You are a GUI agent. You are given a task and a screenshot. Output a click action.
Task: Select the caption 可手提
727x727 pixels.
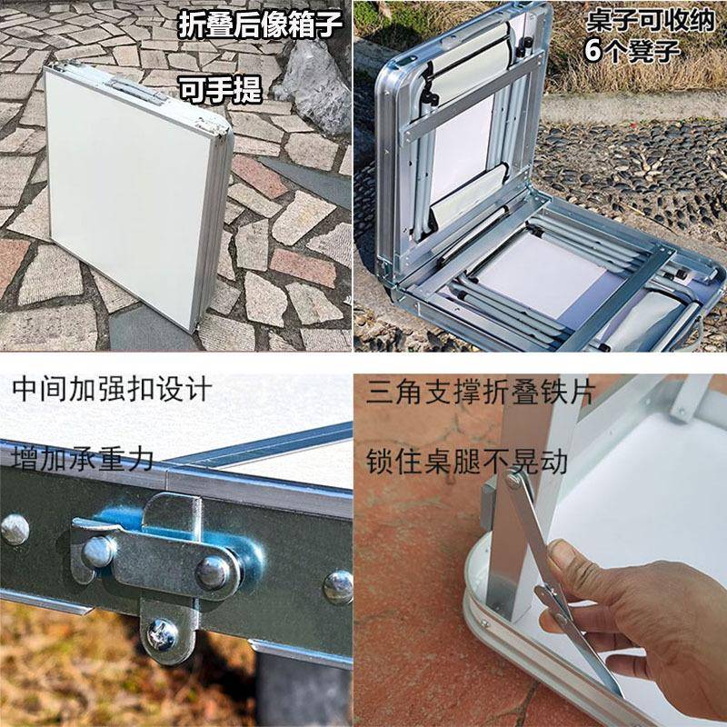(219, 88)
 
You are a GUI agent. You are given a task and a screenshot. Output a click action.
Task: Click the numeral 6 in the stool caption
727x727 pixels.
(593, 50)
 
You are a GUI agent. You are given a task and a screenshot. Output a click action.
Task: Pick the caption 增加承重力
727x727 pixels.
(84, 457)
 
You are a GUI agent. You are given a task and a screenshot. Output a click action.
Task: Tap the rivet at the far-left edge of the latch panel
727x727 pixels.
(14, 529)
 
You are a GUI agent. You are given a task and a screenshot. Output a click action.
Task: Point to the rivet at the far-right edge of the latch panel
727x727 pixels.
(338, 586)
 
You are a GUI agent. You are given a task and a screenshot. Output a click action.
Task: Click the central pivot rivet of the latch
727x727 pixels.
(214, 571)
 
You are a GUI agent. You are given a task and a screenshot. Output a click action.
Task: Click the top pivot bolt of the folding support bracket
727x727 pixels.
(515, 480)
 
